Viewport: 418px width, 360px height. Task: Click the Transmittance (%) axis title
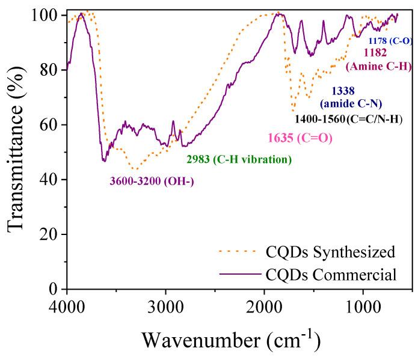pos(17,151)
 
